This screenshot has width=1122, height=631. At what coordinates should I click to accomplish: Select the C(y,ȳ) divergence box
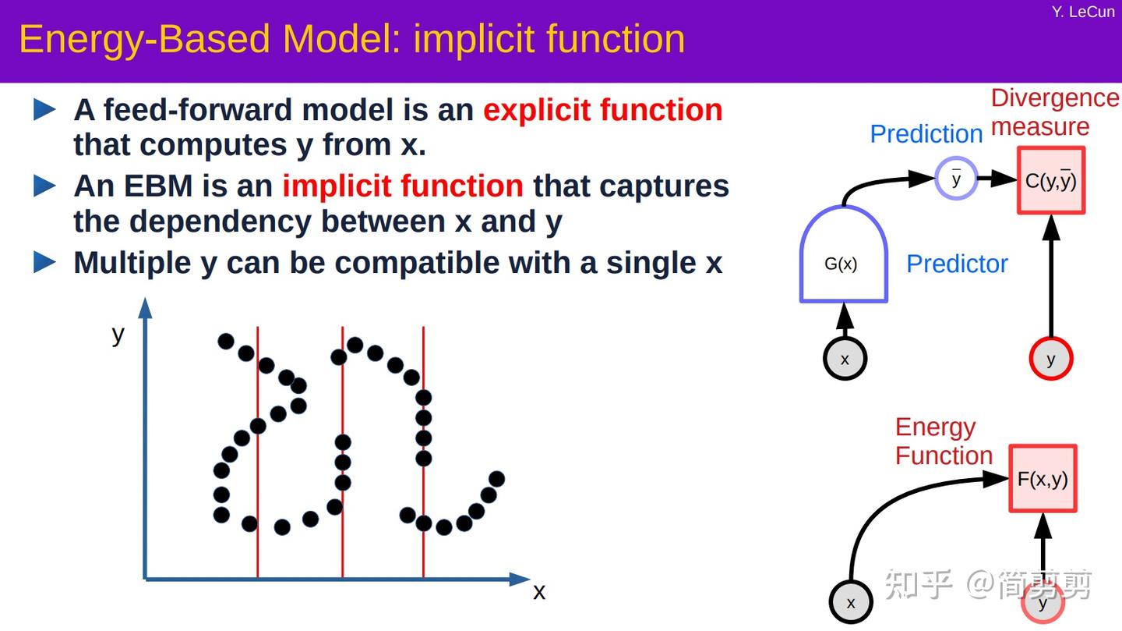1050,181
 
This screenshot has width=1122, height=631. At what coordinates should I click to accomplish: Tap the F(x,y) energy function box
1043,479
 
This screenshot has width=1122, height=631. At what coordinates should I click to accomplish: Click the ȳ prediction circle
956,179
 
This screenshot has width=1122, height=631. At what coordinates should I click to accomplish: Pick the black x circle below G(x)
845,359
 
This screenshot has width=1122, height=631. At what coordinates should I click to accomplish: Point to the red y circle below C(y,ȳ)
1051,359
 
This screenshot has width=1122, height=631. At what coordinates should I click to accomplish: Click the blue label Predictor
957,264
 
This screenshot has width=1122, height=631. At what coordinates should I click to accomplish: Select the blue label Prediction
926,134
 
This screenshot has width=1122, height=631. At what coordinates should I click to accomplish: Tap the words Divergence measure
1053,112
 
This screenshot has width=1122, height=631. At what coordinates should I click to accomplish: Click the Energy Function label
943,441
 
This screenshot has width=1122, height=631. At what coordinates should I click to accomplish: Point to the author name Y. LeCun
1082,12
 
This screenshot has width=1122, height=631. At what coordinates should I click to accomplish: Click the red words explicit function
602,110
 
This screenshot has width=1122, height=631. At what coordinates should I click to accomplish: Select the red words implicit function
402,186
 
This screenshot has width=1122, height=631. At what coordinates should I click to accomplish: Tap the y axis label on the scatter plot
118,334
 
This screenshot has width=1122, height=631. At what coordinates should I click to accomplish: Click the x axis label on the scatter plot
538,592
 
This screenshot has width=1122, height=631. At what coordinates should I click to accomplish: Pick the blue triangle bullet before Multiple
45,263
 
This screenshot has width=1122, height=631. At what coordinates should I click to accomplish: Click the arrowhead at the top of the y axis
145,307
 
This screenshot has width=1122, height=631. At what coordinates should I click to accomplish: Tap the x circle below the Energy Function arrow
850,602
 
